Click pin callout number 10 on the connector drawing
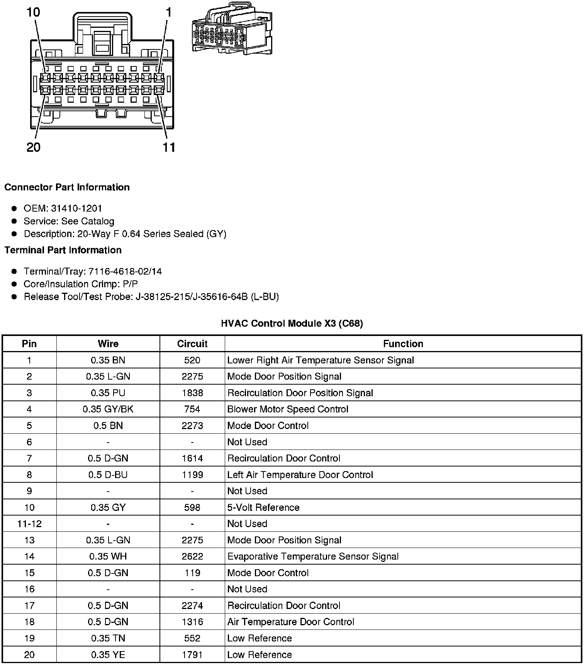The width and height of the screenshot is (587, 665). (x=33, y=12)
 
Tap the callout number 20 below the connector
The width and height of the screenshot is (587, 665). (x=33, y=147)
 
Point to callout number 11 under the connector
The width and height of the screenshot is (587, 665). (x=169, y=147)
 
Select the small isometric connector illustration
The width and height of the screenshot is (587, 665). (x=231, y=29)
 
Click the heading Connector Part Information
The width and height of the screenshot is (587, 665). (x=67, y=187)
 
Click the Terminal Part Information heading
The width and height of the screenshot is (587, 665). (x=63, y=250)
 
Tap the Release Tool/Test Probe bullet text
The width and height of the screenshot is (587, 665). (x=151, y=297)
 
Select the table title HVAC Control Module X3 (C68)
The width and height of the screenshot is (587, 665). (x=292, y=323)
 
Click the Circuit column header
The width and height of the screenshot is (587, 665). (x=192, y=344)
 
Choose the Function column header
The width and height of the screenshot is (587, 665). (x=403, y=344)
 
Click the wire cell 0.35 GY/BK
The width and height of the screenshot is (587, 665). (x=108, y=409)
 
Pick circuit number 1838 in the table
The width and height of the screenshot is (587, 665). (x=192, y=393)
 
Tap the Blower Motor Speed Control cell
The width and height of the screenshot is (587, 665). (x=288, y=409)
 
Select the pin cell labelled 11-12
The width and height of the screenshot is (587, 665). (x=29, y=524)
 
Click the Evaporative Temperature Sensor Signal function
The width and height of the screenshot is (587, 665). (x=313, y=556)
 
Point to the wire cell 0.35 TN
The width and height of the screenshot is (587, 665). (x=108, y=638)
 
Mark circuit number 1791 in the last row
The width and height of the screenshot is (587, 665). (x=192, y=655)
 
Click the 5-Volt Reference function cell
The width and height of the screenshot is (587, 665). (x=263, y=507)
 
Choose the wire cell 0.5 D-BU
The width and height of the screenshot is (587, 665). (x=108, y=475)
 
